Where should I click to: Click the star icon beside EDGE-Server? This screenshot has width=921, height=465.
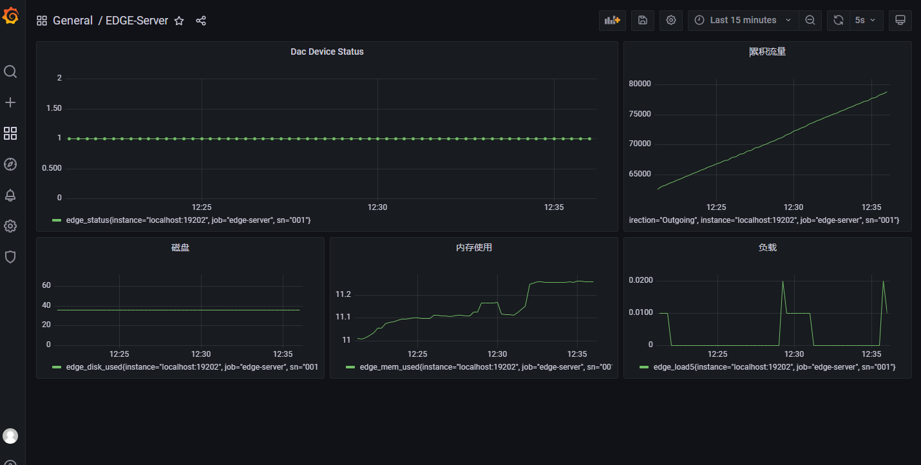click(179, 21)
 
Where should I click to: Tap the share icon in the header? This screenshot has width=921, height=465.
click(201, 21)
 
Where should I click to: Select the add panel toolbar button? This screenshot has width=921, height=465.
click(612, 21)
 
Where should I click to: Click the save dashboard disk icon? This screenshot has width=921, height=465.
click(643, 21)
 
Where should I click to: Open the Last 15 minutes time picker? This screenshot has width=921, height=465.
click(743, 21)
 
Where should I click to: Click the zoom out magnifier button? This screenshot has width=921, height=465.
click(810, 21)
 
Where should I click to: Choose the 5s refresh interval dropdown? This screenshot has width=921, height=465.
click(865, 21)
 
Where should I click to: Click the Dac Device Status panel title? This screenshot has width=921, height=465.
click(327, 52)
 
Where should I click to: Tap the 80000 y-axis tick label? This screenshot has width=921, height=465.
click(640, 84)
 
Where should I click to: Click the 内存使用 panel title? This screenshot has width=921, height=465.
click(473, 247)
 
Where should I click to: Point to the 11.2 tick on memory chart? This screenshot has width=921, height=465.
click(343, 294)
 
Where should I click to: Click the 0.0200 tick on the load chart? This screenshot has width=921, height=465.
click(641, 280)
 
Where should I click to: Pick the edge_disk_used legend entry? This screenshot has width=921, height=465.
click(192, 367)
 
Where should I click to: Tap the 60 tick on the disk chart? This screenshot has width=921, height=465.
click(46, 285)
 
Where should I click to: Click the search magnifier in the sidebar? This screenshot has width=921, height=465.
click(10, 71)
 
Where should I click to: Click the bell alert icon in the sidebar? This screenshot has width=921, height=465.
click(10, 195)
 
